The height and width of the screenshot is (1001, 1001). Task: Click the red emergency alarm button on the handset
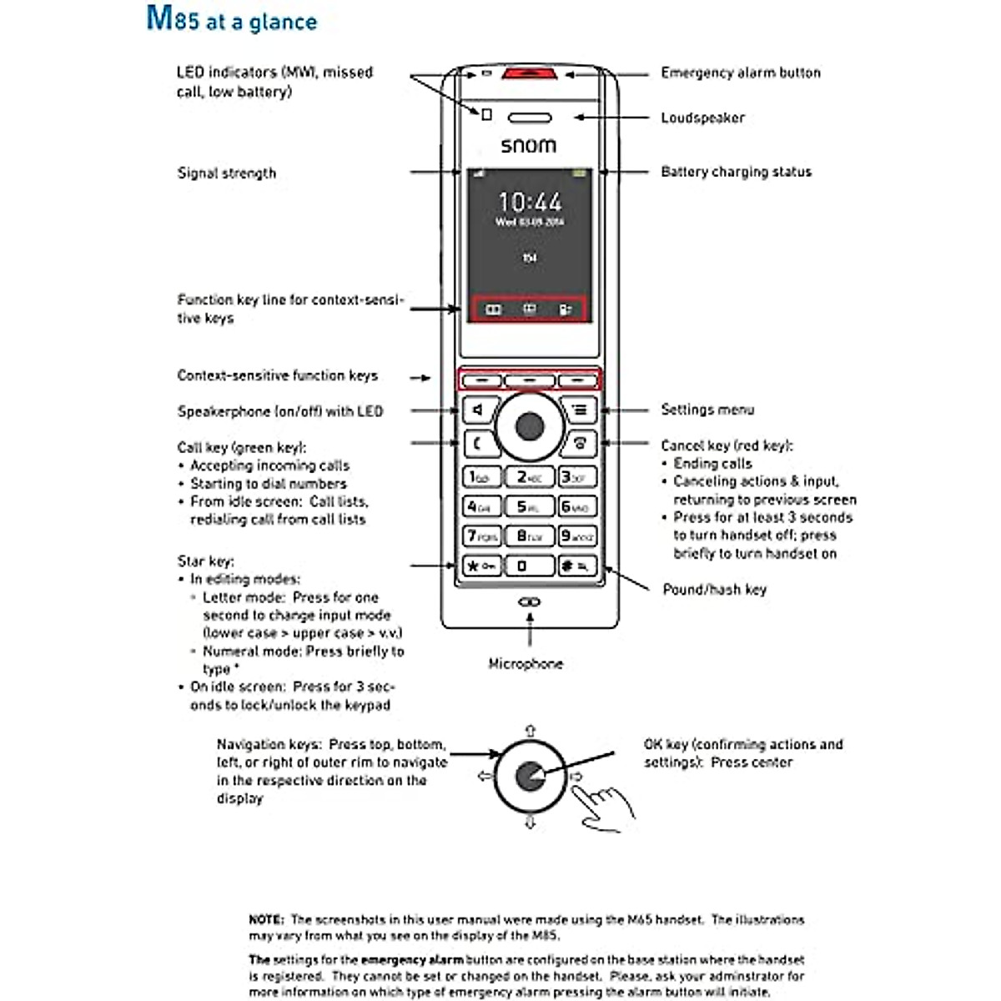click(x=530, y=74)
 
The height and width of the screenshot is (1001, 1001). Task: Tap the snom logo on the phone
click(x=528, y=145)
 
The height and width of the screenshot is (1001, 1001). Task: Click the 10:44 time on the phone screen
click(x=530, y=202)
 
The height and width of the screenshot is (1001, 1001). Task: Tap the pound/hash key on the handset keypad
click(x=577, y=566)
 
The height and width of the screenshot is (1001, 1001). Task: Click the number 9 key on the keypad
click(x=577, y=536)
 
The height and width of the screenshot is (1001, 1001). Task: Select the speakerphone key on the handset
click(x=479, y=410)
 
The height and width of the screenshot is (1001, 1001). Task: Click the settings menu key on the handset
click(x=579, y=410)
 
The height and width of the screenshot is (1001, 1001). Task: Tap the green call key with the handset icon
click(x=479, y=444)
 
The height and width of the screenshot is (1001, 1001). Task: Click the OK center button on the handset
click(x=530, y=427)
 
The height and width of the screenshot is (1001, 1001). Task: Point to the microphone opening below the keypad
click(x=530, y=601)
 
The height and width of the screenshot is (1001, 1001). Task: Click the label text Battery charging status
click(x=736, y=172)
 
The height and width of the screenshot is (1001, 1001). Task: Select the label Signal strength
click(x=226, y=174)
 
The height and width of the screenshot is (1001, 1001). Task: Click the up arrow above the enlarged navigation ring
click(x=530, y=731)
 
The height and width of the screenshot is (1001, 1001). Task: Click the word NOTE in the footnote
click(x=266, y=919)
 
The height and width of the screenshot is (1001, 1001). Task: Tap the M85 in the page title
click(x=174, y=18)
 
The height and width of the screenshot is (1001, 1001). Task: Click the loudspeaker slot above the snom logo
click(x=530, y=118)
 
